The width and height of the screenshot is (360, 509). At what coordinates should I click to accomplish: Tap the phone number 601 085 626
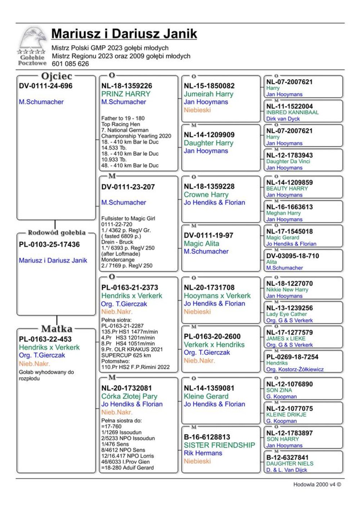70,64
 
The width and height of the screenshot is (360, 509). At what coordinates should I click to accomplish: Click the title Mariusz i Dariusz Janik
124,34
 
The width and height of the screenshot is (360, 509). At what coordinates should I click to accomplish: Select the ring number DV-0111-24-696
46,86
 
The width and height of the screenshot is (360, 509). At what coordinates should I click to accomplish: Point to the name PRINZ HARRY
126,94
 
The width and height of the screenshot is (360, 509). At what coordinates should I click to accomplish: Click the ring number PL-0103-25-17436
49,244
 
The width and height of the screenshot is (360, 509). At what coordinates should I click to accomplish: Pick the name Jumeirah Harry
208,94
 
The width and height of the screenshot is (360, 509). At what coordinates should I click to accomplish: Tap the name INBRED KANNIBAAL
292,112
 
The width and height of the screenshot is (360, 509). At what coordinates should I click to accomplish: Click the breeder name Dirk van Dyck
283,119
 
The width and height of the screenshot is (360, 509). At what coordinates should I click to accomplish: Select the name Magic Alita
202,243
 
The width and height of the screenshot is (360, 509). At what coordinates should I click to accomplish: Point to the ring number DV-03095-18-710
293,256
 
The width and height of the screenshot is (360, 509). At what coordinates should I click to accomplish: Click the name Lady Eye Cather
287,314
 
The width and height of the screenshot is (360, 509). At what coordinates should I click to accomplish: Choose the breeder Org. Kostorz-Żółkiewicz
295,369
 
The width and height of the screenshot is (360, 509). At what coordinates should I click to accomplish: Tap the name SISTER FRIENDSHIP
219,445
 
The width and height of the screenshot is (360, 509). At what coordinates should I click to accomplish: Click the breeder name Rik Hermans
203,453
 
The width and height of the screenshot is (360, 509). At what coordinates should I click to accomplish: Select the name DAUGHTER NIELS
290,464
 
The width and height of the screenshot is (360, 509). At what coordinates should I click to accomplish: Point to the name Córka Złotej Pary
129,396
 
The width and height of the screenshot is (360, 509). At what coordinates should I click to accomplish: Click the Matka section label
57,329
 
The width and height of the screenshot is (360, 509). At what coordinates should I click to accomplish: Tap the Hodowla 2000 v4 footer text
317,485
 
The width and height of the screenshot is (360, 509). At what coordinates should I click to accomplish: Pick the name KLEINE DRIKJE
287,415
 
